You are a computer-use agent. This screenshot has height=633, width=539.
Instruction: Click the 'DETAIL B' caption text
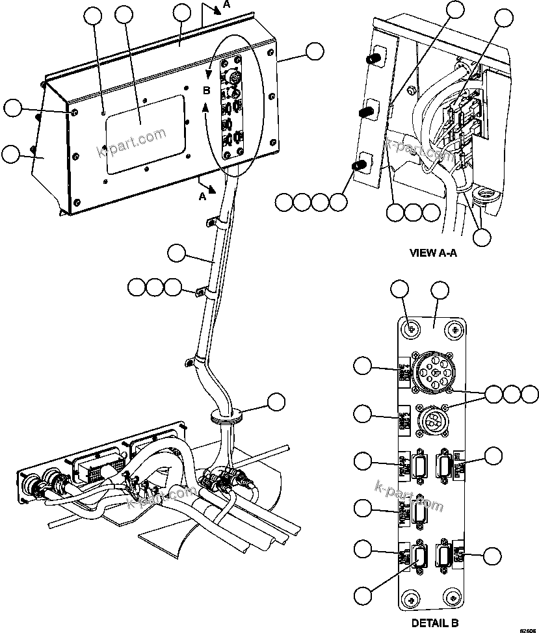(435, 623)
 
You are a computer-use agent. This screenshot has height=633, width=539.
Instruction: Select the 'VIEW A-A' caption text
(433, 253)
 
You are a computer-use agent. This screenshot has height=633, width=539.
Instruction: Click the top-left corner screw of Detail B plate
(409, 329)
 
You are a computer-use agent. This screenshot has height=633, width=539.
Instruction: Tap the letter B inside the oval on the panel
(206, 92)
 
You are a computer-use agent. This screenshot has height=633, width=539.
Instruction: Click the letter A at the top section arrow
(226, 5)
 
